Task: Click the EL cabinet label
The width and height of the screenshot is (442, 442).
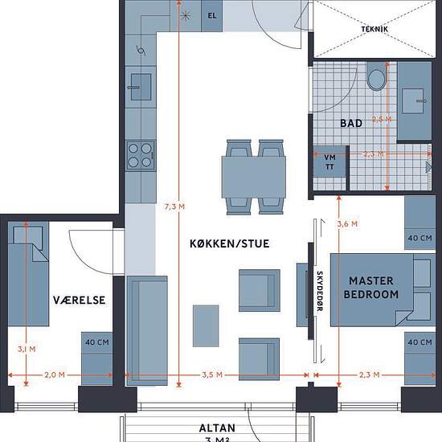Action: tap(212, 16)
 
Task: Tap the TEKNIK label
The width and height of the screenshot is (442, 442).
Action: tap(374, 29)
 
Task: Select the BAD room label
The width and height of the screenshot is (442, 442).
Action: tap(351, 123)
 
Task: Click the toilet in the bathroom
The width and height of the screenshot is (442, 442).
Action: tap(376, 76)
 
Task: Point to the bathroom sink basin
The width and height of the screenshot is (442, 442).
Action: tap(413, 101)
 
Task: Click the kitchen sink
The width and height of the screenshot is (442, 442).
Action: tap(141, 87)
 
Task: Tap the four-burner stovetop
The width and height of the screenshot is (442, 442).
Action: tap(141, 155)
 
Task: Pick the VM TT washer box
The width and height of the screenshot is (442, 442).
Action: tap(329, 162)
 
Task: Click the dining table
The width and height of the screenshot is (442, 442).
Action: tap(254, 177)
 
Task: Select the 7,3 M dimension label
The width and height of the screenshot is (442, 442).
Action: tap(174, 207)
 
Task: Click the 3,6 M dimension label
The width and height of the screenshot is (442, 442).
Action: tap(347, 224)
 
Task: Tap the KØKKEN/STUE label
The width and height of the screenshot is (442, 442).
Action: tap(230, 244)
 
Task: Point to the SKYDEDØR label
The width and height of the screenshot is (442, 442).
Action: tap(319, 291)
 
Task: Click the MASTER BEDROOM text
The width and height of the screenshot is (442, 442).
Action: tap(371, 288)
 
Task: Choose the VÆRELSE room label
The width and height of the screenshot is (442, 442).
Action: tap(80, 301)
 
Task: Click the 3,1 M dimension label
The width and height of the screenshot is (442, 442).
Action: tap(27, 349)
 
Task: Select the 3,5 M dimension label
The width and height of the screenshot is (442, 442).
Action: tap(212, 375)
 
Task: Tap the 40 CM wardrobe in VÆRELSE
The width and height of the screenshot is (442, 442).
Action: tap(97, 358)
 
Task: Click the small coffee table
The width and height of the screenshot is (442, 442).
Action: tap(206, 325)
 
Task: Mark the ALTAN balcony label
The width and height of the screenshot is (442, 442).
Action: tap(217, 428)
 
